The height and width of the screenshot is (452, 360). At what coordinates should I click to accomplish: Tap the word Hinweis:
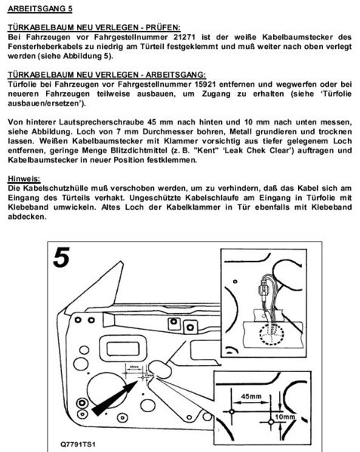[x=23, y=178]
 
